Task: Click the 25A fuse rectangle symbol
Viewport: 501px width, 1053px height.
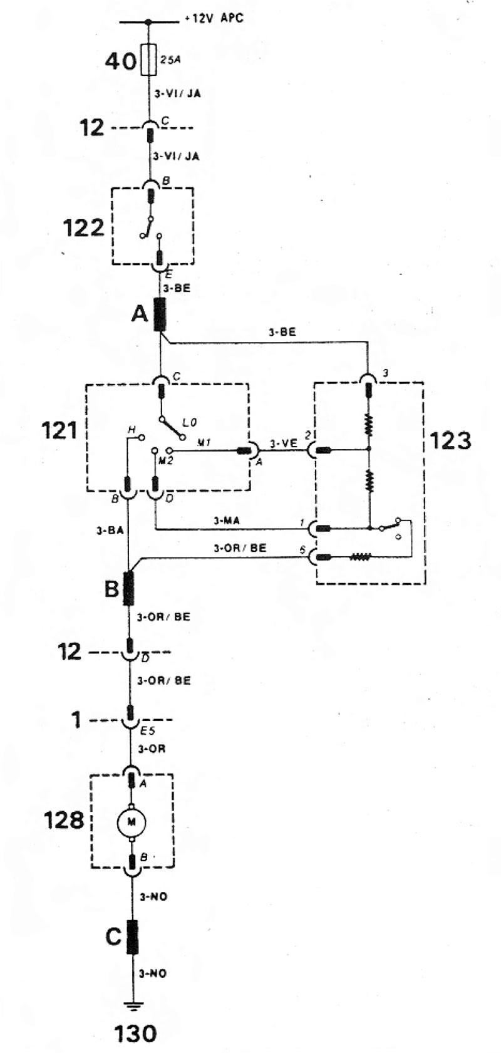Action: [x=148, y=60]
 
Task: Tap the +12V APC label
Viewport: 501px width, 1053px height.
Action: [x=214, y=19]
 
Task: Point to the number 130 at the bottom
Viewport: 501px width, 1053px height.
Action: [x=135, y=1033]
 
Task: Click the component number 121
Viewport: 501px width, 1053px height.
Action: [x=59, y=430]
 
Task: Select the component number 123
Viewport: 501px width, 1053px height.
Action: [x=450, y=440]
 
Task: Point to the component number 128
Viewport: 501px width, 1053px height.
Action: [x=64, y=821]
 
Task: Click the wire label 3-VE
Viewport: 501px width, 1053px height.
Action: [x=284, y=443]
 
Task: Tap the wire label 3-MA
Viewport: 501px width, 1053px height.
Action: [x=227, y=521]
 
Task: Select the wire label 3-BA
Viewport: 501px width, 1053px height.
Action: [x=110, y=531]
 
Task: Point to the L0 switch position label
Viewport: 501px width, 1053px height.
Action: [x=190, y=423]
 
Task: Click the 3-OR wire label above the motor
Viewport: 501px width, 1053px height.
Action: [x=152, y=749]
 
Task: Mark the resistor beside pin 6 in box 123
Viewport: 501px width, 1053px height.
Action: [x=361, y=558]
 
